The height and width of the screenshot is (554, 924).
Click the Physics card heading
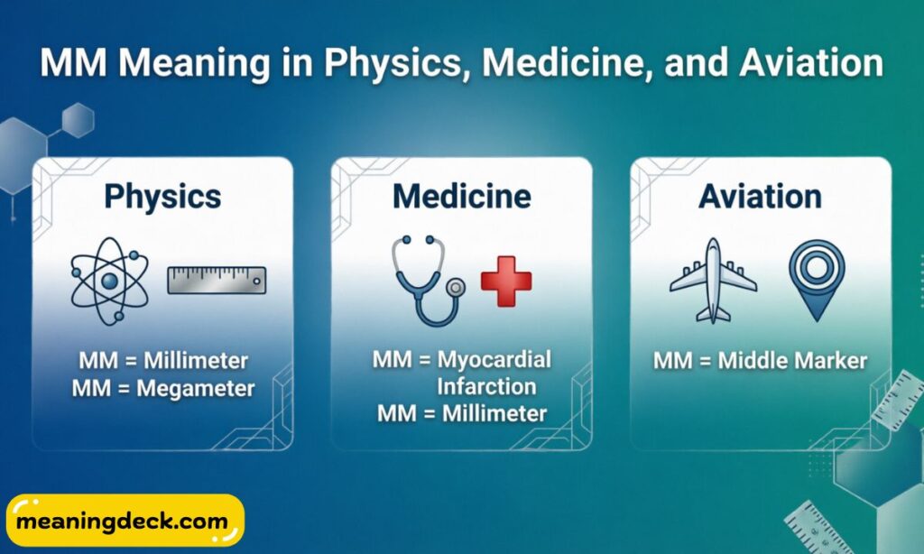[162, 196]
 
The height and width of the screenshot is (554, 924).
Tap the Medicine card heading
[461, 196]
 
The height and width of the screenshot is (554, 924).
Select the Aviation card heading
[760, 196]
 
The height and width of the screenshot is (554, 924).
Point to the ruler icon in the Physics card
[217, 280]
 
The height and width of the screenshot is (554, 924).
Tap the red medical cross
[506, 282]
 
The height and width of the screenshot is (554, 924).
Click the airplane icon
[713, 280]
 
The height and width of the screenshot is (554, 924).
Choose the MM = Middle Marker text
[760, 361]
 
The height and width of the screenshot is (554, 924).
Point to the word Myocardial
[494, 359]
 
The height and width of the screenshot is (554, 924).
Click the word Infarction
[486, 387]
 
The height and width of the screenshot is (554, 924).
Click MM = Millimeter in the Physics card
[163, 361]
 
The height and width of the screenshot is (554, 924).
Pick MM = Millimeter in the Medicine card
[462, 414]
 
